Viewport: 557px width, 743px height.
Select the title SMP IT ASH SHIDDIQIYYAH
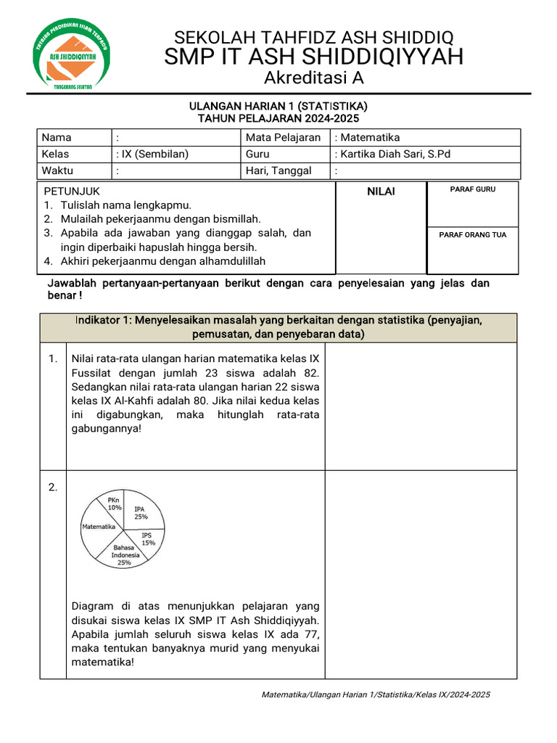(313, 57)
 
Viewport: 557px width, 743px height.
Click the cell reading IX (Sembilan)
(152, 154)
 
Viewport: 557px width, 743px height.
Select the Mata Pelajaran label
(283, 138)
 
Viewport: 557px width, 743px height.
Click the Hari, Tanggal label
(278, 171)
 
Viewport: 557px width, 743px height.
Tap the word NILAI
(381, 190)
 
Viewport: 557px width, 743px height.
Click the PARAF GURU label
(472, 189)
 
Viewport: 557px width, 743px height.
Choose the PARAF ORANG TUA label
(472, 234)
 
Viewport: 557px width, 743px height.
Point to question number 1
(52, 358)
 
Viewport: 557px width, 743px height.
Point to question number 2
(52, 488)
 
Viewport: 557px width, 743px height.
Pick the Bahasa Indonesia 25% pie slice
(125, 555)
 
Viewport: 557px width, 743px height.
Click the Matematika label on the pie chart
(99, 526)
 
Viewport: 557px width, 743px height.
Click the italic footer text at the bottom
(376, 694)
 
